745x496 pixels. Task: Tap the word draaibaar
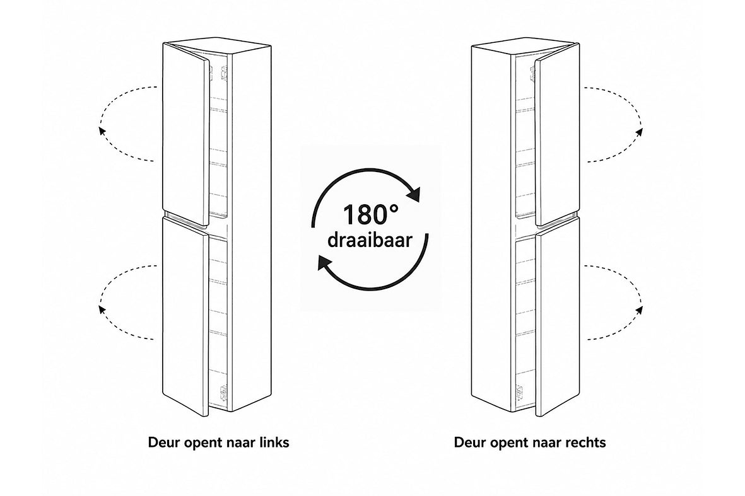(x=370, y=239)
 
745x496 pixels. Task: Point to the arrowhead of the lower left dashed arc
(x=101, y=309)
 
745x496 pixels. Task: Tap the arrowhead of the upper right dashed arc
(x=640, y=132)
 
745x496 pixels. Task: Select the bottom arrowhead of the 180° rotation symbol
(x=324, y=262)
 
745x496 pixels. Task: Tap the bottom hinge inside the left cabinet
(x=221, y=393)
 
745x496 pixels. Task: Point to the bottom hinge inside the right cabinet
(x=519, y=392)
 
